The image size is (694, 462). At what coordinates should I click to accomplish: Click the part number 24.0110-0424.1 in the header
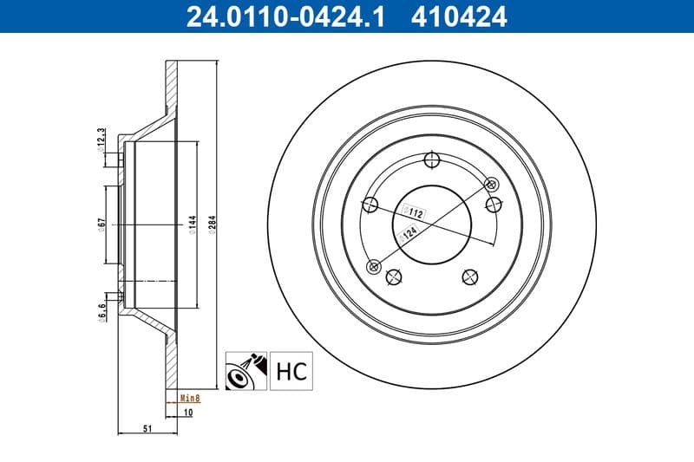point(277,16)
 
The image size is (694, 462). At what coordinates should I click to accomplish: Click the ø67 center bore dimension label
point(101,224)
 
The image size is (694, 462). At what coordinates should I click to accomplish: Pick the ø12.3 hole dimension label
point(101,138)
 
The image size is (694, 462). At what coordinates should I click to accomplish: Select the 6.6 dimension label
point(101,310)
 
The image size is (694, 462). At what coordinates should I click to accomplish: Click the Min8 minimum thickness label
point(189,398)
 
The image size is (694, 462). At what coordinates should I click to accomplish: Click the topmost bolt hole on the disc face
point(432,159)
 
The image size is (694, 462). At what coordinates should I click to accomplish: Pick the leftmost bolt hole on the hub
point(370,205)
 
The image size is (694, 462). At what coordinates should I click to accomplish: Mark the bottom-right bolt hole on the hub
point(470,277)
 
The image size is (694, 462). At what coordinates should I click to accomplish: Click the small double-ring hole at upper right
point(492,184)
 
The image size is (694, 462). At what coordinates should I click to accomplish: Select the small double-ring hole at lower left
point(374,266)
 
